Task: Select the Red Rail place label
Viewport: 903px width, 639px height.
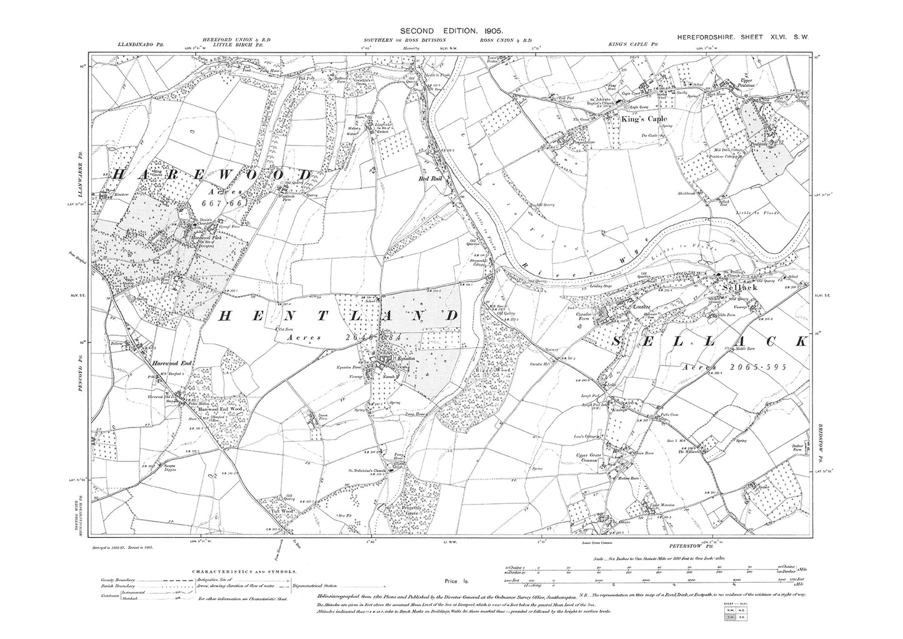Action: tap(431, 178)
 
